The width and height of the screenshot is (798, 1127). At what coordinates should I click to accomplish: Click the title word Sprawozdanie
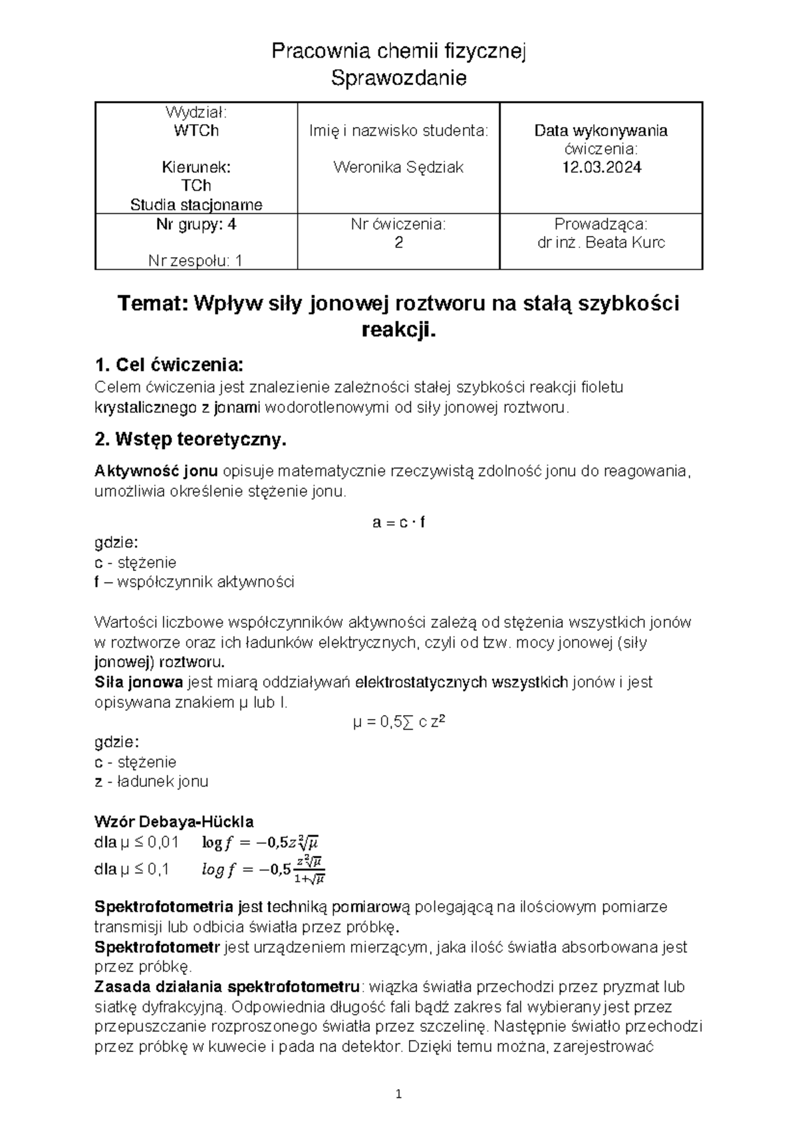coord(398,78)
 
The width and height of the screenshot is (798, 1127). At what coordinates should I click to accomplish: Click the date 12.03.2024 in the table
coord(601,167)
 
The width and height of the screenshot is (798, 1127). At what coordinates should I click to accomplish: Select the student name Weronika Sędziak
coord(398,167)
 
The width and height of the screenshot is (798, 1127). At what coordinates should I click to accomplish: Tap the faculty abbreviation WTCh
coord(196,130)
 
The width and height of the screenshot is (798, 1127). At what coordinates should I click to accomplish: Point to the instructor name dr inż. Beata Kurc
coord(600,243)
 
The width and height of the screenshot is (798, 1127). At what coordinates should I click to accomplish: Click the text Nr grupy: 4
coord(196,225)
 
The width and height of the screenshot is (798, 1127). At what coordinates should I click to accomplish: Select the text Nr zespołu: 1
coord(196,261)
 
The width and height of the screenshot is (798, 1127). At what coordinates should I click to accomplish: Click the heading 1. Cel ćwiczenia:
coord(170,365)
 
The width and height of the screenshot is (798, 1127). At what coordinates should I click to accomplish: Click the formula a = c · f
coord(398,522)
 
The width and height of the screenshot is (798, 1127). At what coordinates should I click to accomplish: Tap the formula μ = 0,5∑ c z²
coord(398,722)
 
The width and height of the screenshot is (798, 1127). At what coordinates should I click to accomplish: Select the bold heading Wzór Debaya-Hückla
coord(174,821)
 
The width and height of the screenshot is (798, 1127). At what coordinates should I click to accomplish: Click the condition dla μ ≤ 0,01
coord(137,843)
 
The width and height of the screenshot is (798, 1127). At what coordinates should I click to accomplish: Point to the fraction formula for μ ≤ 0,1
coord(263,869)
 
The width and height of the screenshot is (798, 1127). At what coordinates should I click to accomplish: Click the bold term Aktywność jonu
coord(156,472)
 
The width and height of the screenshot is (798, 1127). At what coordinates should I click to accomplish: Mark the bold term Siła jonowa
coord(139,682)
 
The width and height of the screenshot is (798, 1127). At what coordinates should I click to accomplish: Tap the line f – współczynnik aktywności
coord(194,582)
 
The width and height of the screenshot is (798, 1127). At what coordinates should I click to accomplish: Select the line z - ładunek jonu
coord(152,781)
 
